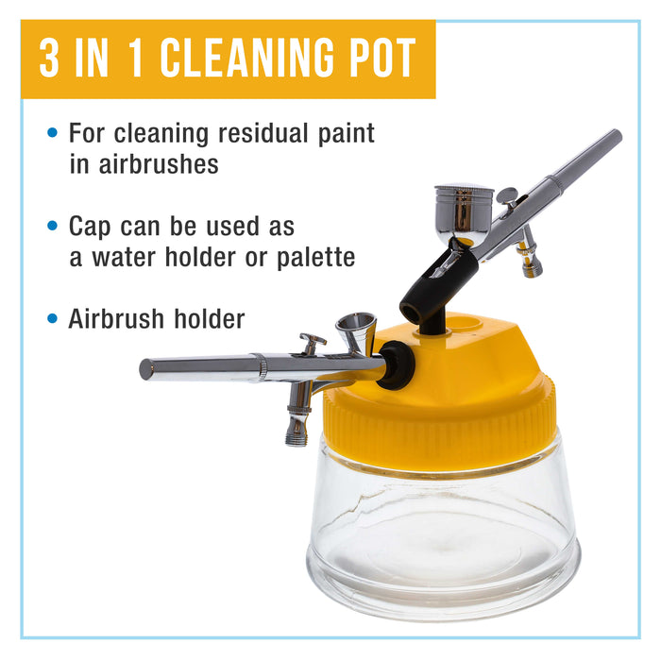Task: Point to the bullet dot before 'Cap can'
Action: [52, 228]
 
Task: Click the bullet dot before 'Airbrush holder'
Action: [52, 319]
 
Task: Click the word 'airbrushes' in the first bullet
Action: [144, 163]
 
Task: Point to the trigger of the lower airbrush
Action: [311, 341]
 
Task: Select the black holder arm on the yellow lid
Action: [430, 288]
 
